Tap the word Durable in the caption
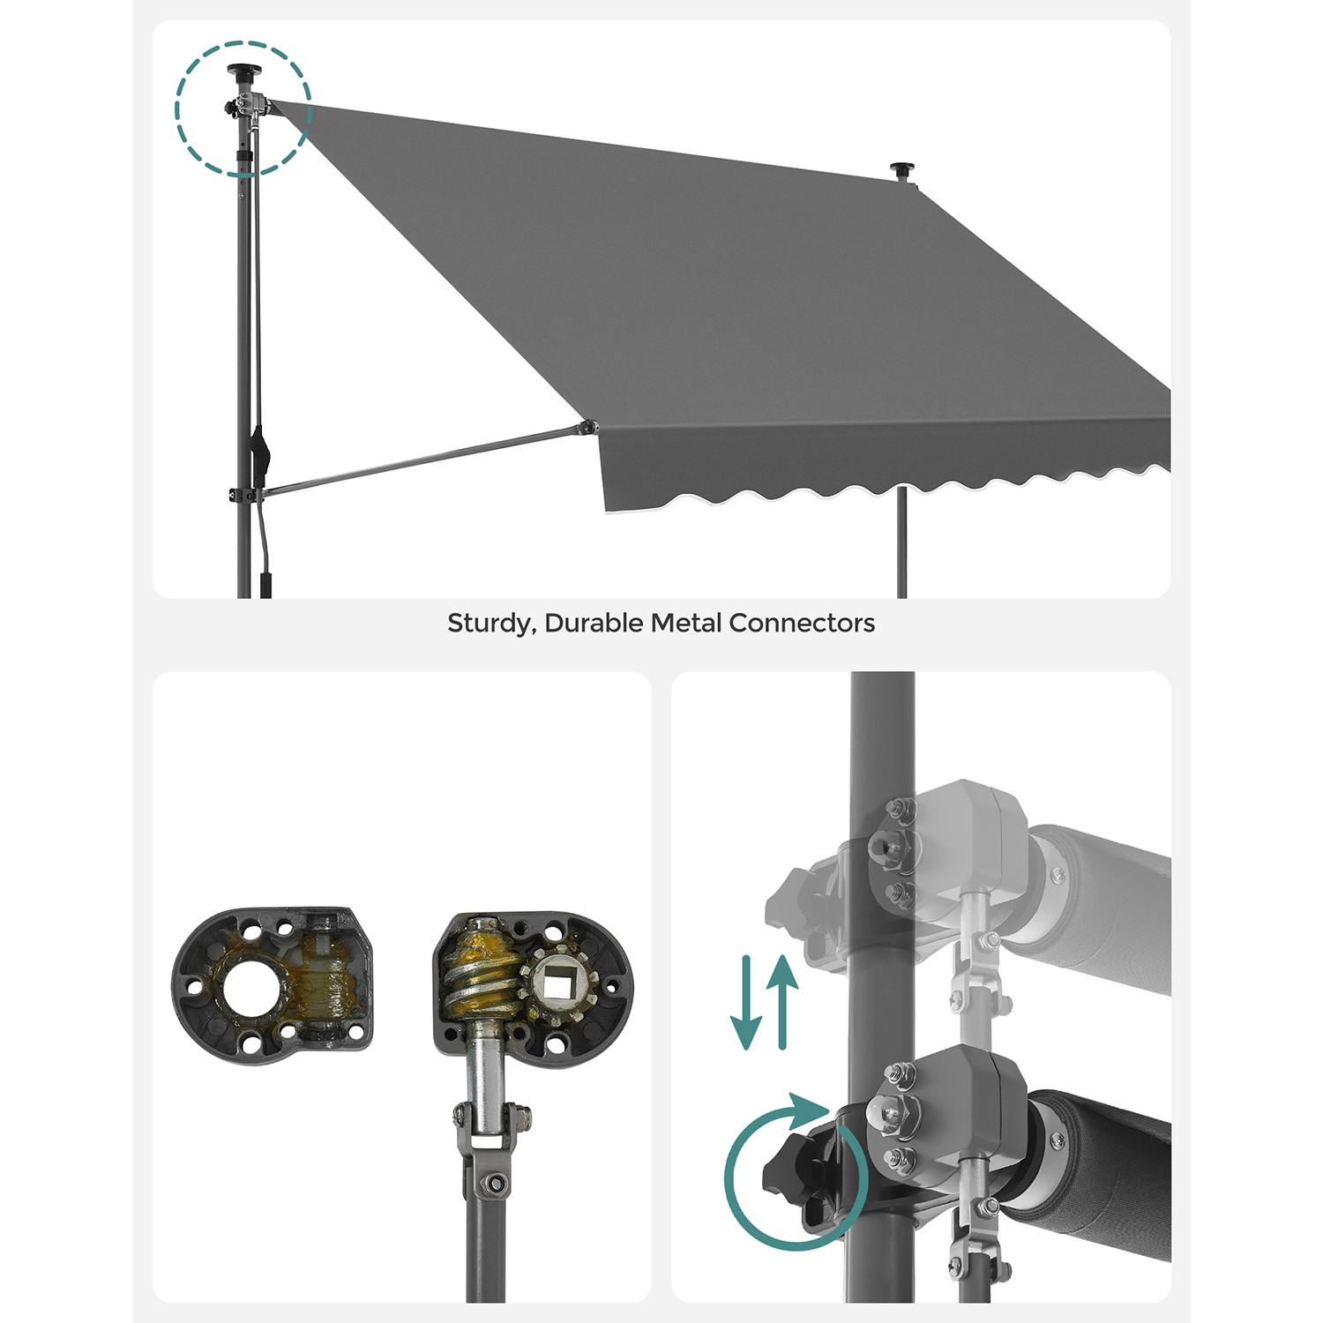tap(594, 623)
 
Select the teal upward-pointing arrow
tap(782, 1003)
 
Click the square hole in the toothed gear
tap(557, 981)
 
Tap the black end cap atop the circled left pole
tap(240, 71)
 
